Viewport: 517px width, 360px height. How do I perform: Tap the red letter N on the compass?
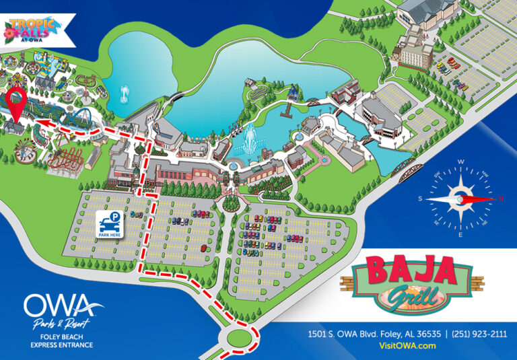(x=500, y=199)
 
